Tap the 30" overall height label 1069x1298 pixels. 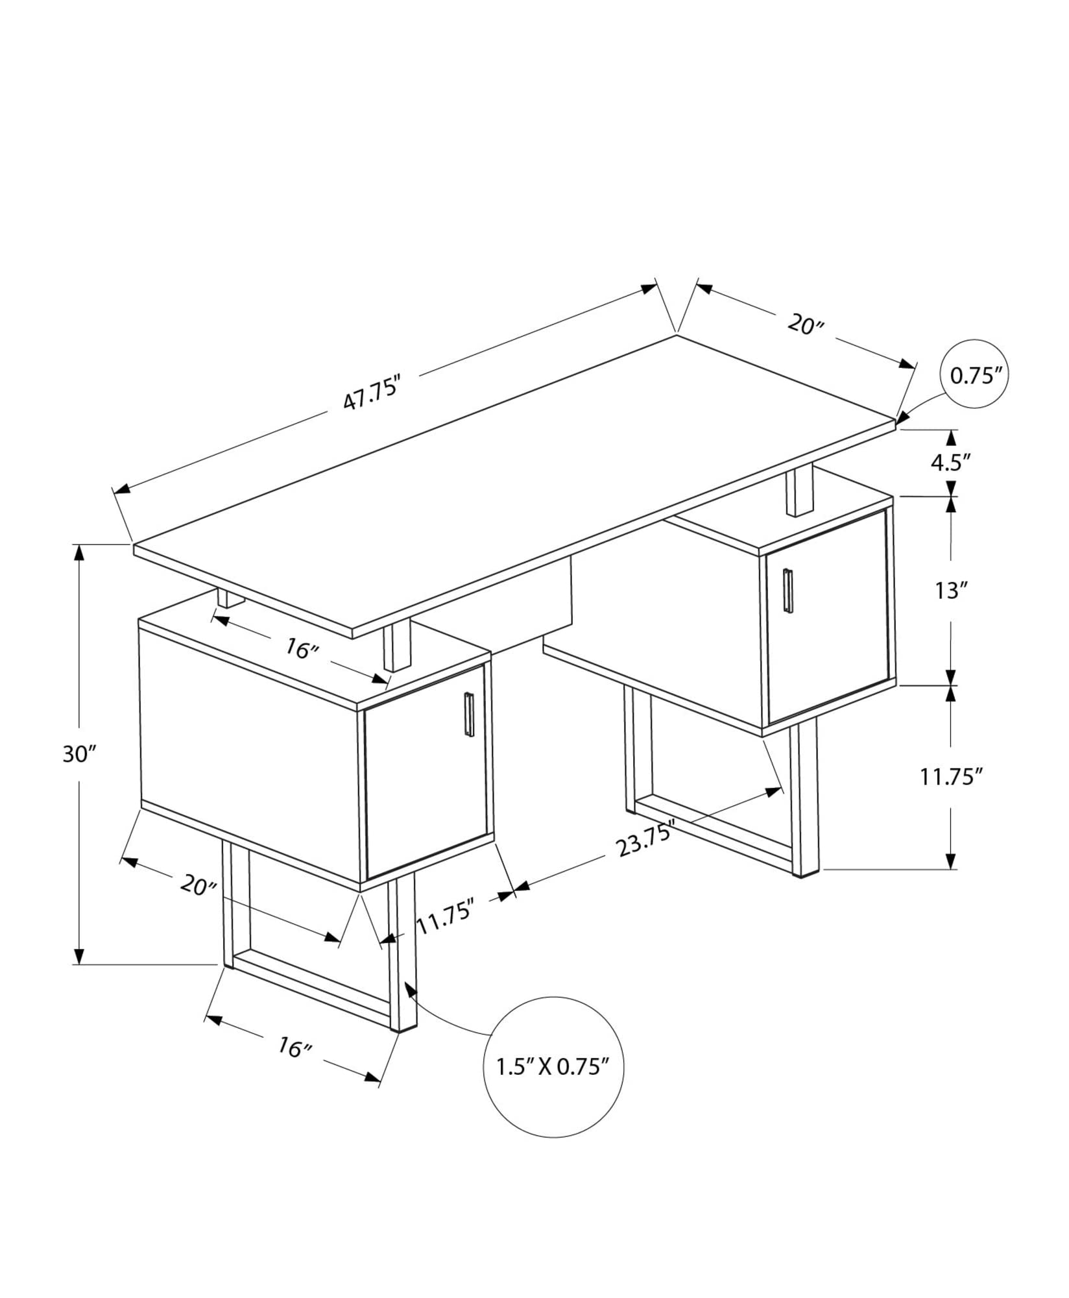tap(79, 754)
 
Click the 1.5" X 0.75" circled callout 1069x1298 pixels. tap(553, 1066)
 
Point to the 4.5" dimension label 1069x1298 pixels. tap(950, 463)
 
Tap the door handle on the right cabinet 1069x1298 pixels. tap(787, 590)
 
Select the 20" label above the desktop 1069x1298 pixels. tap(805, 324)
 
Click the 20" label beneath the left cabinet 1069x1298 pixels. tap(198, 884)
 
